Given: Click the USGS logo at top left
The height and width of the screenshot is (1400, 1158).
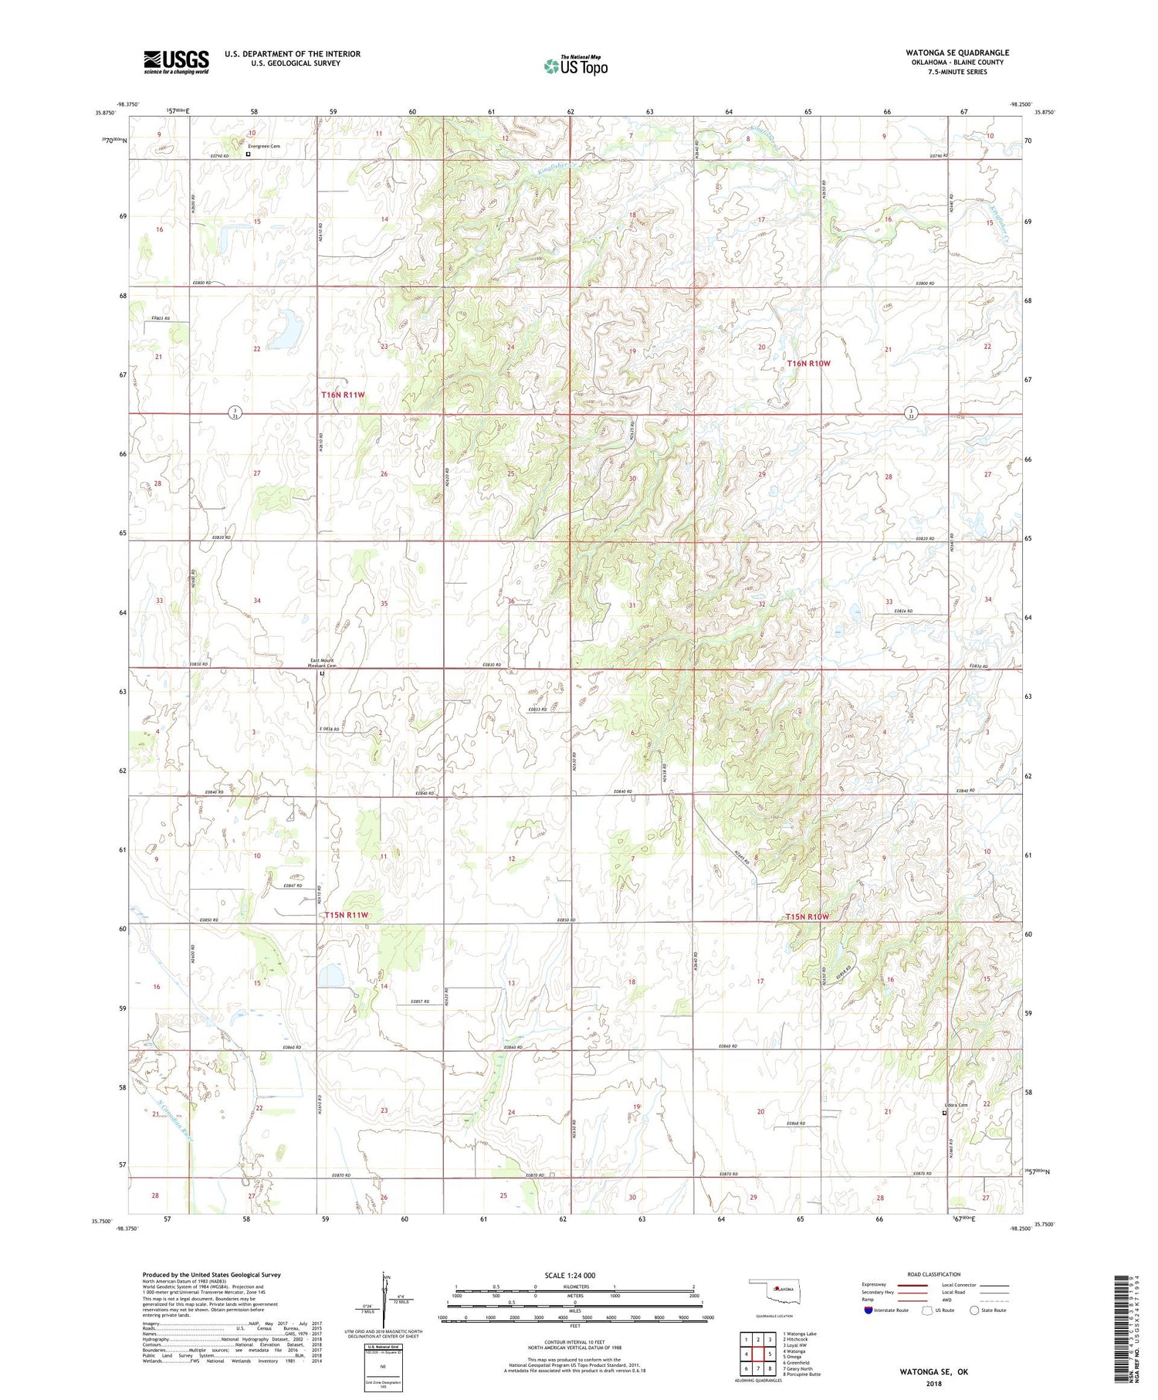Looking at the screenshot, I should [176, 62].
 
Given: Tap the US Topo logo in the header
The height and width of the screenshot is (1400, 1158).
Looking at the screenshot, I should [575, 66].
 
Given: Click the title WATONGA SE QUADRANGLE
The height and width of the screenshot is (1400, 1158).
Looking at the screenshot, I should [957, 53].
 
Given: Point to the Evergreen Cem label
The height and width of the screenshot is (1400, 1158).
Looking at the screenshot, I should [264, 146].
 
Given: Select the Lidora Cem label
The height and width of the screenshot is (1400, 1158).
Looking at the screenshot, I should [955, 1105].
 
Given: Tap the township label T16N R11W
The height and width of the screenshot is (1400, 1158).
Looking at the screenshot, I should [343, 395].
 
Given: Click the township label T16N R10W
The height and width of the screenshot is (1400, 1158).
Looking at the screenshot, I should [808, 363].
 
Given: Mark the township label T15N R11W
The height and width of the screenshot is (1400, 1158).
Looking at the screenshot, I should [347, 915].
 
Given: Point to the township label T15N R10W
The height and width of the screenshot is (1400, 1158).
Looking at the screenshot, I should [807, 917].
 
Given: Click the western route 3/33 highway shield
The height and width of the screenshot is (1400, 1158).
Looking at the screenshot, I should [232, 413].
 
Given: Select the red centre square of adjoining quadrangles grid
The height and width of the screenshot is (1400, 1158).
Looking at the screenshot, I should [758, 1354].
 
